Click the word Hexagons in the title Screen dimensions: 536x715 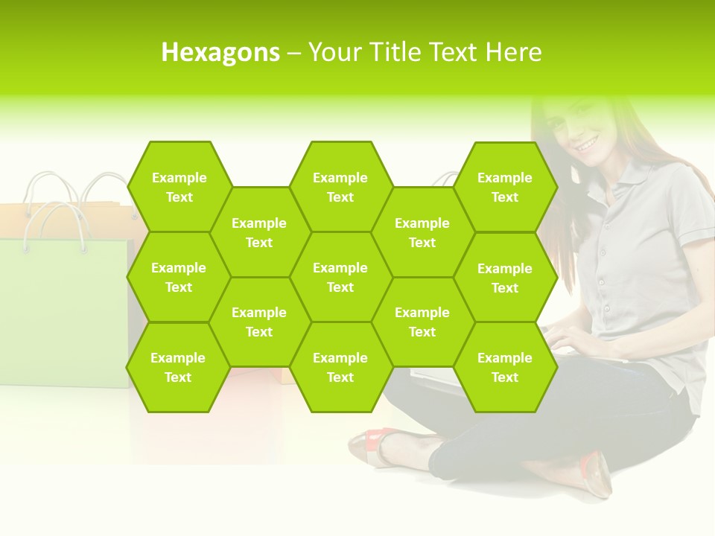[220, 52]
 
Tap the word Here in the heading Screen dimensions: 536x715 [513, 52]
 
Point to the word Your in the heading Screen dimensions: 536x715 [334, 52]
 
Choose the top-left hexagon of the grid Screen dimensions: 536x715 [179, 187]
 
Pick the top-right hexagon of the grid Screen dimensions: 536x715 [505, 187]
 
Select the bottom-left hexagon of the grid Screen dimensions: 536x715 [178, 367]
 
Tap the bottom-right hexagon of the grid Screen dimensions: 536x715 [505, 367]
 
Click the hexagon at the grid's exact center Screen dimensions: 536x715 [340, 277]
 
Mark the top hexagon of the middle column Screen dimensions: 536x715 [340, 187]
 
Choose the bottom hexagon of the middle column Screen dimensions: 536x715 [340, 367]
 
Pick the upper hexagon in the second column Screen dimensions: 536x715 [259, 232]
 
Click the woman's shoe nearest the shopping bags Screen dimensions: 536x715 [373, 446]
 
